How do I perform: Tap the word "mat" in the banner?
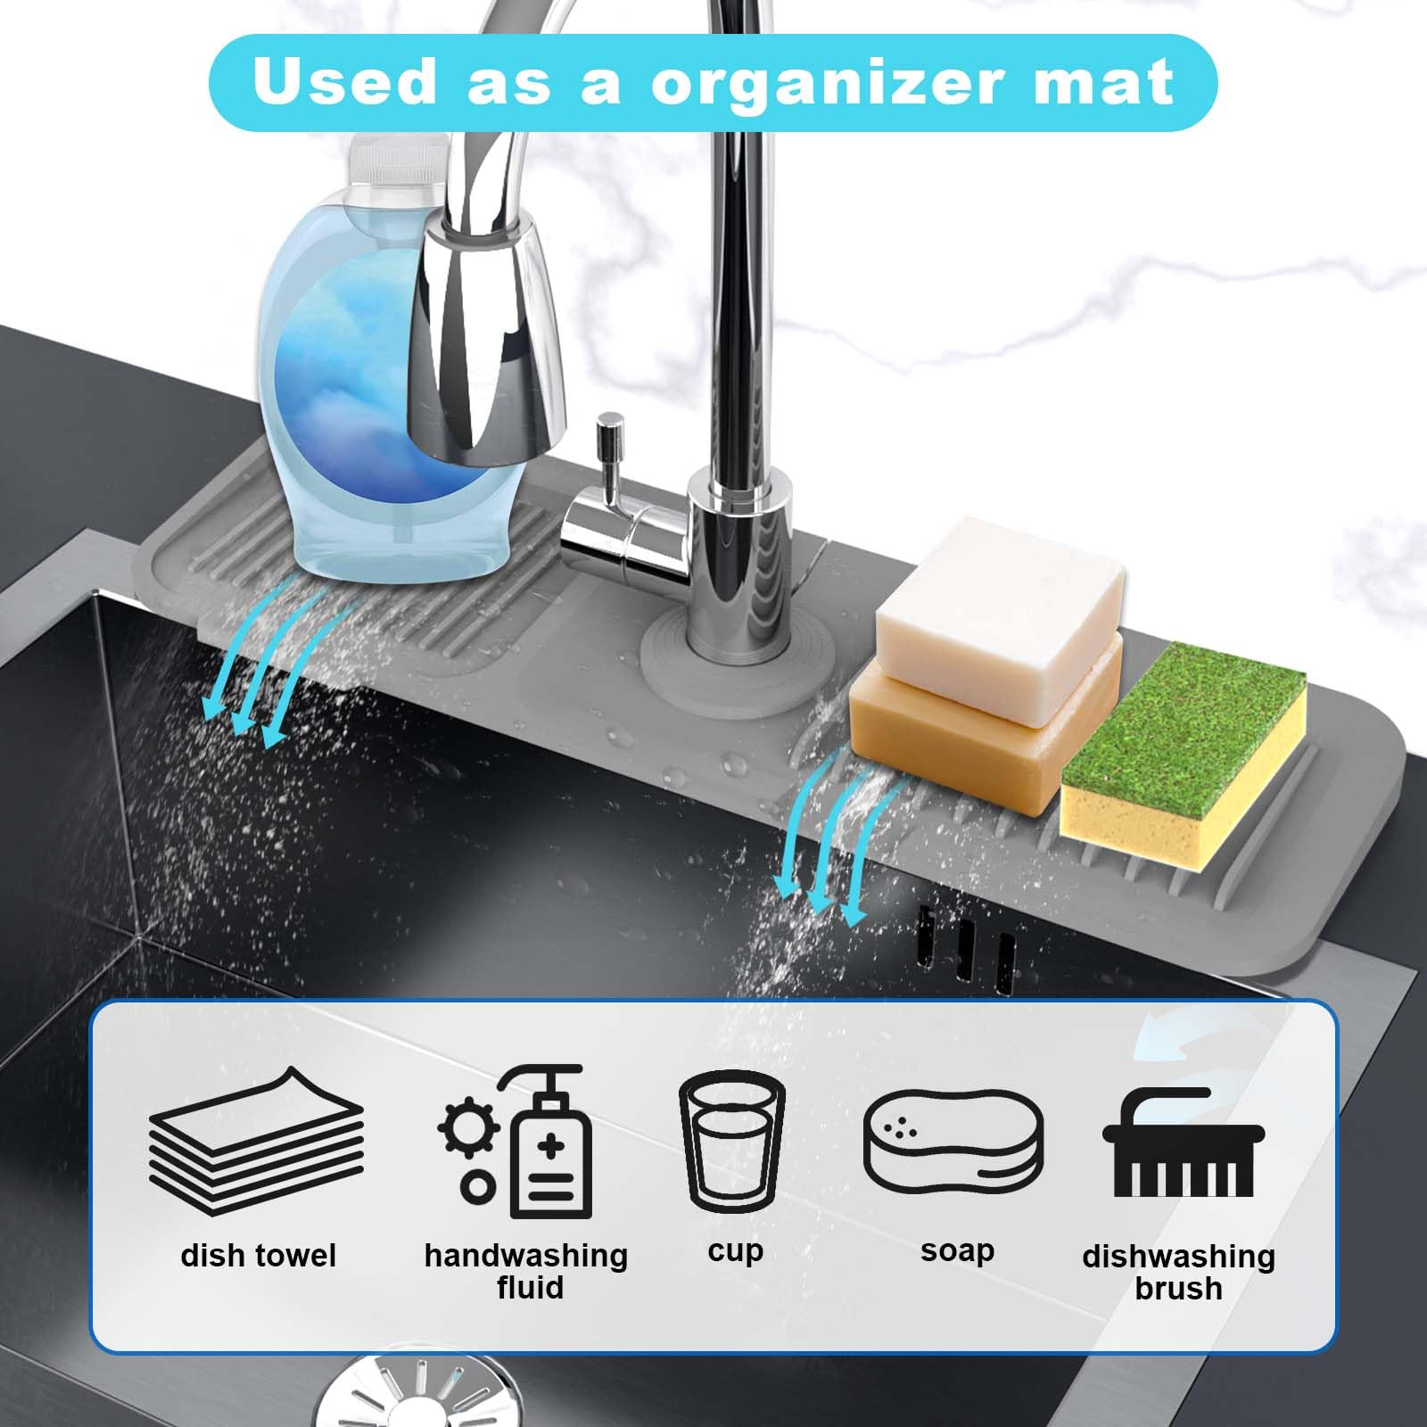pos(1099,83)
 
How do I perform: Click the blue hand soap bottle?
pos(361,375)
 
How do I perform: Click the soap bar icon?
pos(953,1141)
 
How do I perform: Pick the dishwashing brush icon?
pos(1184,1142)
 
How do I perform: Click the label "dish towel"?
pos(258,1256)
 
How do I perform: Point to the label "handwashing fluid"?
pos(526,1271)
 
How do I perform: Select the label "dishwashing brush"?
pos(1179,1272)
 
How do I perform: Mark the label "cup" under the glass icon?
pos(736,1252)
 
